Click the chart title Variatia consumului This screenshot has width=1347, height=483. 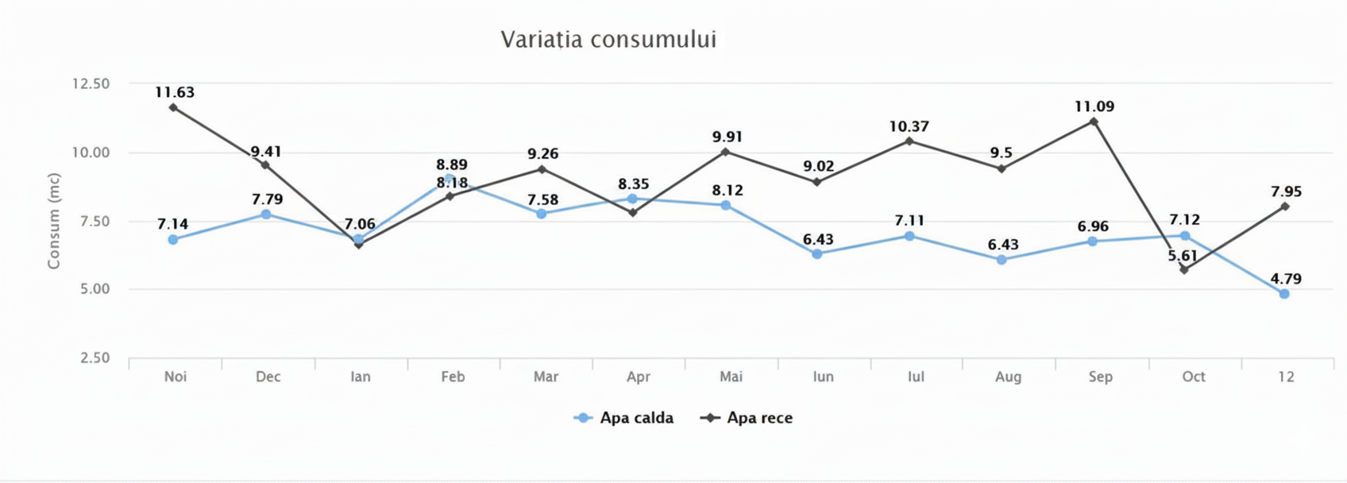point(608,40)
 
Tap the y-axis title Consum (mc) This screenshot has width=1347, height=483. point(53,221)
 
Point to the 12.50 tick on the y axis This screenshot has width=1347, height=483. point(91,84)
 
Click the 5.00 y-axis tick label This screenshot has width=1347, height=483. point(95,289)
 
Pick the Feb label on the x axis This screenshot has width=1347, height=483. point(453,377)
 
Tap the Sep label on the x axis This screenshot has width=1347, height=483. point(1100,377)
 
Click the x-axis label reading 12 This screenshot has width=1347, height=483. point(1286,377)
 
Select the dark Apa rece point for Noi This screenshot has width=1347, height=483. point(173,107)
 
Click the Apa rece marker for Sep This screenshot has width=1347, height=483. point(1094,122)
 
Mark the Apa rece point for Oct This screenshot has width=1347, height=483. point(1184,270)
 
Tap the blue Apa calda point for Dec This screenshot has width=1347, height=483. point(266,214)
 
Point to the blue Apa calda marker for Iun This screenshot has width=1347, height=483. point(817,254)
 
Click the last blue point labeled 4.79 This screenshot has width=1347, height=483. point(1284,294)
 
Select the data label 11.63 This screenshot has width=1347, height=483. point(175,92)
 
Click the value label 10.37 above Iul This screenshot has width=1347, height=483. point(909,126)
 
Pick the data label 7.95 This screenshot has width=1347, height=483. point(1286,191)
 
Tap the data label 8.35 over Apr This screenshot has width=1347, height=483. point(634,184)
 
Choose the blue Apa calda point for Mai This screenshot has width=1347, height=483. point(726,206)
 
